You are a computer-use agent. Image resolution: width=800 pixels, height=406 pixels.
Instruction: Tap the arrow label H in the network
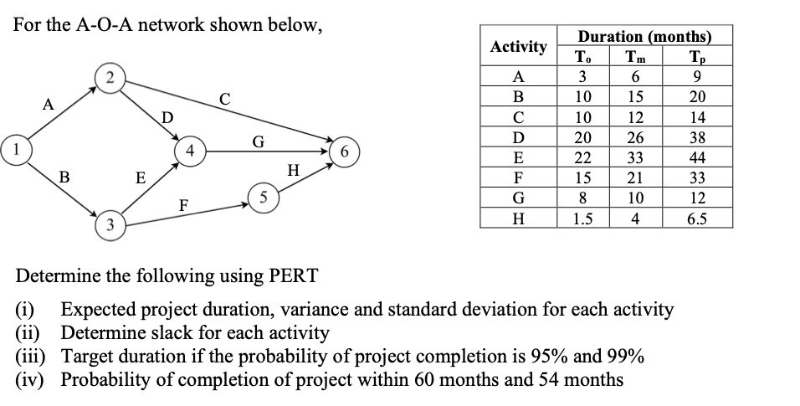point(292,171)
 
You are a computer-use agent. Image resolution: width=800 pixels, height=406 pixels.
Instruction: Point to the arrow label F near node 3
point(183,204)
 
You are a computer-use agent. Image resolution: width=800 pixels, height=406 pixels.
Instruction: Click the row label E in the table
point(519,158)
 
